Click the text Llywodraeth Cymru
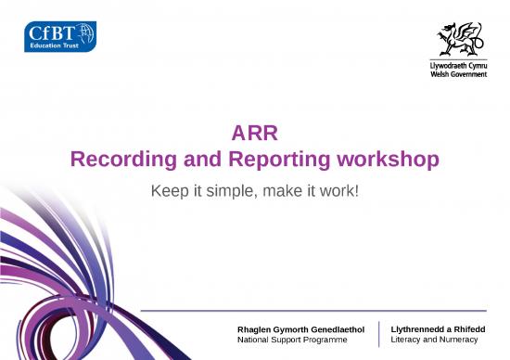459,67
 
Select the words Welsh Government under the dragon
459,75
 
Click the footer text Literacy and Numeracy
434,341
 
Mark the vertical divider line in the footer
379,335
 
